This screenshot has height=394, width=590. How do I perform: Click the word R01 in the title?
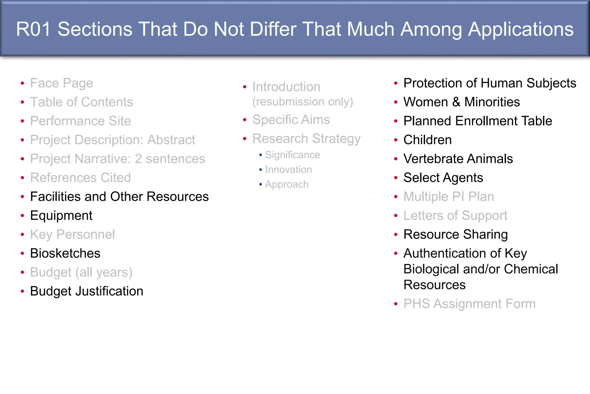(x=34, y=29)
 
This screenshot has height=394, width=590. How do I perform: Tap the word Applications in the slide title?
(x=521, y=29)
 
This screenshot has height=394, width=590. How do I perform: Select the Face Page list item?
(x=62, y=83)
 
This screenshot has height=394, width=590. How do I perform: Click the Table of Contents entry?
(x=82, y=102)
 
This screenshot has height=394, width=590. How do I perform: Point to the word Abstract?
(x=171, y=140)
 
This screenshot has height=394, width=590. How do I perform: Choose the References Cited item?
(x=80, y=178)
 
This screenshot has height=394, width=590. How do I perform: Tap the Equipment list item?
(x=61, y=215)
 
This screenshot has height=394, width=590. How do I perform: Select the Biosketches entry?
(x=65, y=253)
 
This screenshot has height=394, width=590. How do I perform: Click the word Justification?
(x=109, y=291)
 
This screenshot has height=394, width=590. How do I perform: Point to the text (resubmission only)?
(x=302, y=102)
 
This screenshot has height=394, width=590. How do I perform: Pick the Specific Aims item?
(x=291, y=120)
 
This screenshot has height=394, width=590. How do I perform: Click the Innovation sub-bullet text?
(x=288, y=170)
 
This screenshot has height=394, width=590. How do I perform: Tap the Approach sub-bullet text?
(x=287, y=184)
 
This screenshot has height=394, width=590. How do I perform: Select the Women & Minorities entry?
(x=462, y=102)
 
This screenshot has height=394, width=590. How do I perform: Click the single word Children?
(x=428, y=140)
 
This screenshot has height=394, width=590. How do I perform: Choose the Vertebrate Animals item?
(x=458, y=159)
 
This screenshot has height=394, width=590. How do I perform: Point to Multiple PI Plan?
(x=449, y=197)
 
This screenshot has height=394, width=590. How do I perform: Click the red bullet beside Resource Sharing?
(x=396, y=234)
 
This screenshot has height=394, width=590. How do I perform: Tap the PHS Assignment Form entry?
(x=469, y=304)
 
